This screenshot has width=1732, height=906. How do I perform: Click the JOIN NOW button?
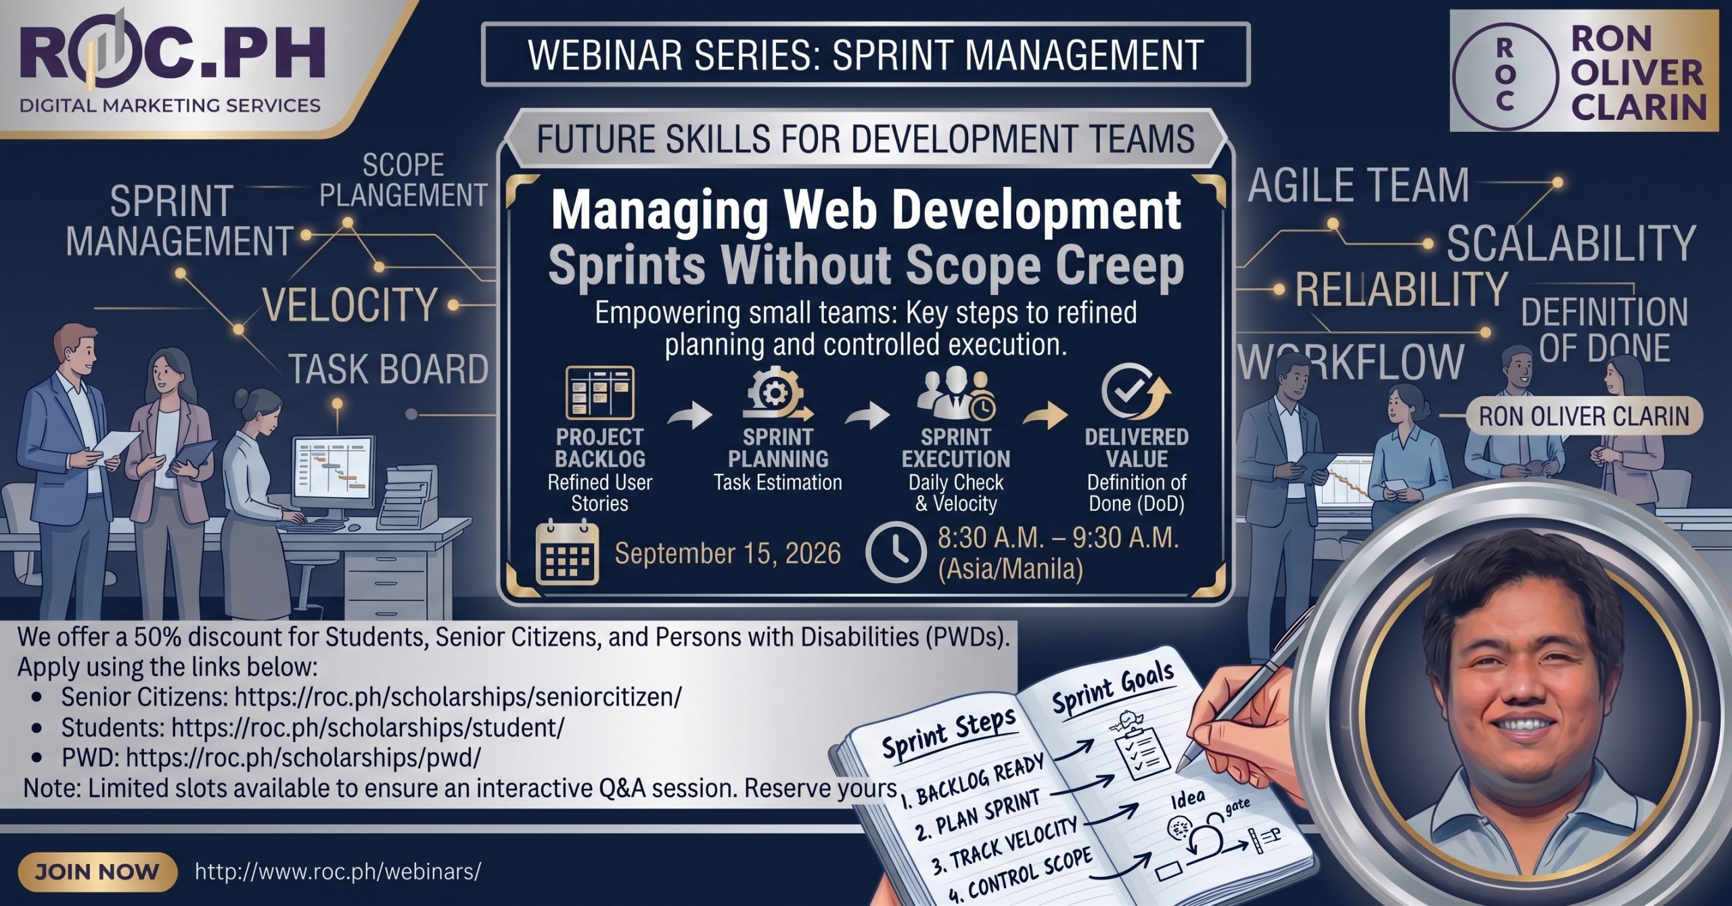click(97, 871)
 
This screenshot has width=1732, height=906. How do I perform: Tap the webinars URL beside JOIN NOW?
click(338, 871)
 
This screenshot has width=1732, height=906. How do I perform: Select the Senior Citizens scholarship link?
click(458, 696)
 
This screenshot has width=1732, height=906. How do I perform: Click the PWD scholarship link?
click(304, 757)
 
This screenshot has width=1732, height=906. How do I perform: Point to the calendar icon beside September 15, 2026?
click(567, 553)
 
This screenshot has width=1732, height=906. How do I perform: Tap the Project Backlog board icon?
click(600, 392)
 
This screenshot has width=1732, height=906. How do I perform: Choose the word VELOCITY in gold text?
click(350, 305)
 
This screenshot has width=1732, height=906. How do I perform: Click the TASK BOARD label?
click(388, 369)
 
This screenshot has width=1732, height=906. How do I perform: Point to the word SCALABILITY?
click(1571, 244)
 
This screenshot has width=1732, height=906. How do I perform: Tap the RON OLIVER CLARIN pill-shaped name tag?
click(1584, 416)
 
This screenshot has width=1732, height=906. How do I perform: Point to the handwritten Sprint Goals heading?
click(1113, 688)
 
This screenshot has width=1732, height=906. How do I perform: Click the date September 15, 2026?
click(727, 553)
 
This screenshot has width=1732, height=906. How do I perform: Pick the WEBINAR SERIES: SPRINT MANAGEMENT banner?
click(865, 54)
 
